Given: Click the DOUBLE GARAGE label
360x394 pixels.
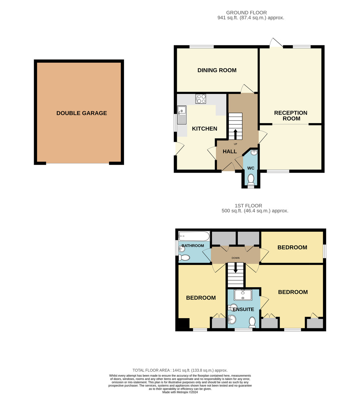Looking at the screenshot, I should click(82, 113).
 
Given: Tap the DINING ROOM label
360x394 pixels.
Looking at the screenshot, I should click(217, 70).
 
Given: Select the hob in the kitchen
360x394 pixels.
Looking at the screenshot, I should click(201, 99).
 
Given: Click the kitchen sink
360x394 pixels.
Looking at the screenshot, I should click(181, 115).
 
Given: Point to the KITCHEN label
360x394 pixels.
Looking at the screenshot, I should click(204, 129).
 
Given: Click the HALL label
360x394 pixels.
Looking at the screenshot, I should click(230, 151).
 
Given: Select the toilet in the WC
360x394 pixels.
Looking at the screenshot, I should click(251, 179).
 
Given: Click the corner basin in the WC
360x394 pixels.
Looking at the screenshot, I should click(254, 152).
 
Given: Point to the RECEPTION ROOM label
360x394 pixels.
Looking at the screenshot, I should click(291, 116).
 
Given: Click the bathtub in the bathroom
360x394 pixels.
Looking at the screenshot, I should click(194, 236).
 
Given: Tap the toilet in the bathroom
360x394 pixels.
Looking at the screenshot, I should click(184, 258).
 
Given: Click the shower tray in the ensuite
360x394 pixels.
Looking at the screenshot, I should click(243, 295).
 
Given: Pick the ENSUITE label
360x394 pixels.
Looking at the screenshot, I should click(244, 309).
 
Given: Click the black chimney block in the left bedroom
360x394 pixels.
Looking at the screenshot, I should click(183, 324).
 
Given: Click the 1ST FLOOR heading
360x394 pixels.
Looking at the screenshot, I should click(248, 206).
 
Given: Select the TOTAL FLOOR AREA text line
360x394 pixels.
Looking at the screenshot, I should click(180, 370).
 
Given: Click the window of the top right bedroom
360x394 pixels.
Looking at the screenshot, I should click(325, 252).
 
